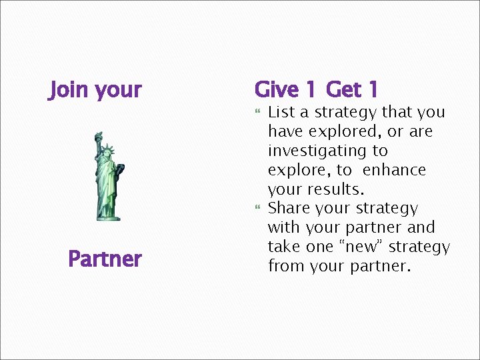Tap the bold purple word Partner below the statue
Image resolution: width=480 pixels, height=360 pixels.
[x=105, y=259]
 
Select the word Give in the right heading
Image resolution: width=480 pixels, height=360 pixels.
[x=277, y=89]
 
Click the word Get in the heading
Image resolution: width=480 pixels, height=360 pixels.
[x=343, y=89]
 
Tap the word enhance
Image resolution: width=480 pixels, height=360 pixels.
[x=395, y=170]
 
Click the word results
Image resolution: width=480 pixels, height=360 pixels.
[x=336, y=189]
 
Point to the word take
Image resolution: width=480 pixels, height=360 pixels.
[x=284, y=247]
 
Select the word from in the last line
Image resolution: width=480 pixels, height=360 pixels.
[x=285, y=266]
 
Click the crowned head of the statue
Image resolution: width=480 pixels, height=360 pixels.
[x=106, y=151]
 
